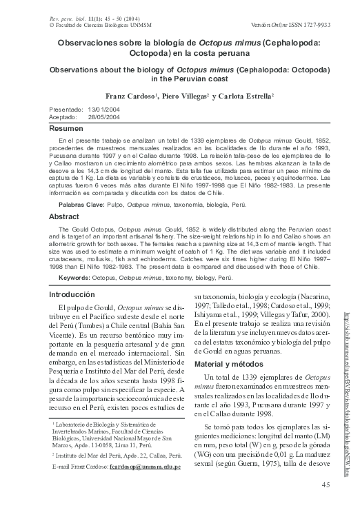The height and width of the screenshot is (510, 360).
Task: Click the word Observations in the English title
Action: coord(86,70)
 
